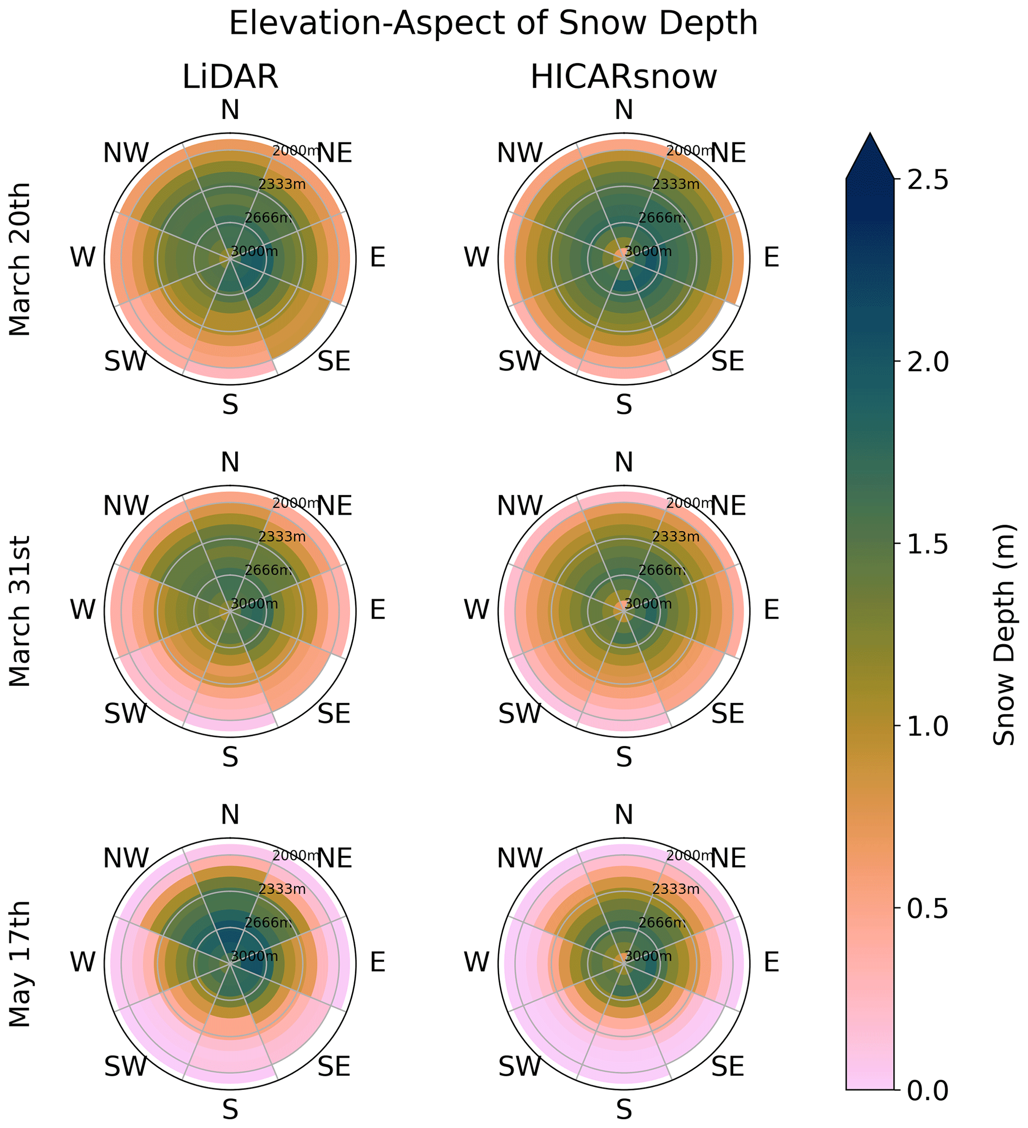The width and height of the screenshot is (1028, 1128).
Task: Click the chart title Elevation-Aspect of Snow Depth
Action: click(x=493, y=24)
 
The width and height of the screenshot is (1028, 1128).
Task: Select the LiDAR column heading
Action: click(x=230, y=77)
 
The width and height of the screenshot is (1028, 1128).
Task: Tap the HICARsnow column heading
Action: click(x=623, y=77)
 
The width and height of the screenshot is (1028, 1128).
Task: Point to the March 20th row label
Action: click(x=21, y=259)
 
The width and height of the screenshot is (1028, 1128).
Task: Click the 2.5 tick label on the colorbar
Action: click(x=926, y=180)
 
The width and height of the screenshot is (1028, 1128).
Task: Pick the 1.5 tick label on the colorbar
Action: click(x=926, y=544)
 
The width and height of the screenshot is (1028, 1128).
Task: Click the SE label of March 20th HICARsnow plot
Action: click(x=728, y=362)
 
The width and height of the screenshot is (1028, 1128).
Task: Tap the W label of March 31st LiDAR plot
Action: click(x=83, y=609)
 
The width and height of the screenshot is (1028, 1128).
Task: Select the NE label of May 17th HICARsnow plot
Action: click(x=728, y=858)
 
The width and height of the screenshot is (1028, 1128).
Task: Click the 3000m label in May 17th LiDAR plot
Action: click(x=254, y=956)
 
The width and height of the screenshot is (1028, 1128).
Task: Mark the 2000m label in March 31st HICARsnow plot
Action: click(x=689, y=503)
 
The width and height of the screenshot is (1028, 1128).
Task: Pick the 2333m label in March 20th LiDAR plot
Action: click(x=282, y=184)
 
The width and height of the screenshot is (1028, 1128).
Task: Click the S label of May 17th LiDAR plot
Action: click(x=230, y=1110)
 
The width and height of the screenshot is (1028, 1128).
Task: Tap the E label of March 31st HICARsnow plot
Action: click(x=771, y=609)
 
